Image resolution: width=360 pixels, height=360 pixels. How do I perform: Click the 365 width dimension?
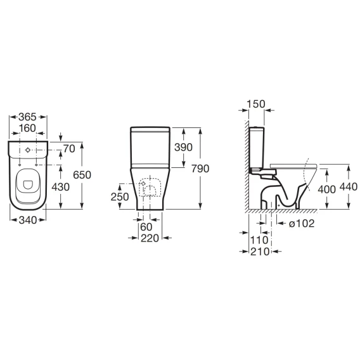click(x=27, y=117)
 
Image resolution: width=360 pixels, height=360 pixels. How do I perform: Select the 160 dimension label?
click(x=27, y=128)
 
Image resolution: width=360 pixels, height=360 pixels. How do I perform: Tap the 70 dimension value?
click(x=69, y=149)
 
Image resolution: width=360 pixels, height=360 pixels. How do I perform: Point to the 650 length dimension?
click(x=82, y=175)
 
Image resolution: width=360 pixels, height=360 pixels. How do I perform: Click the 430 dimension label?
click(x=60, y=187)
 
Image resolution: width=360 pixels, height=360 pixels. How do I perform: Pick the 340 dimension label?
click(x=28, y=220)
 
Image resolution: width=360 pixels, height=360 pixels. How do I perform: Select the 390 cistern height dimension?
click(x=183, y=147)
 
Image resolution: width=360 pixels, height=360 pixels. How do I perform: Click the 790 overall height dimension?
click(x=200, y=169)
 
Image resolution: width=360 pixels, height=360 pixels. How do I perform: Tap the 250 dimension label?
click(x=120, y=196)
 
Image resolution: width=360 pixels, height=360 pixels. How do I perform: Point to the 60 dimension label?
click(x=146, y=227)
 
